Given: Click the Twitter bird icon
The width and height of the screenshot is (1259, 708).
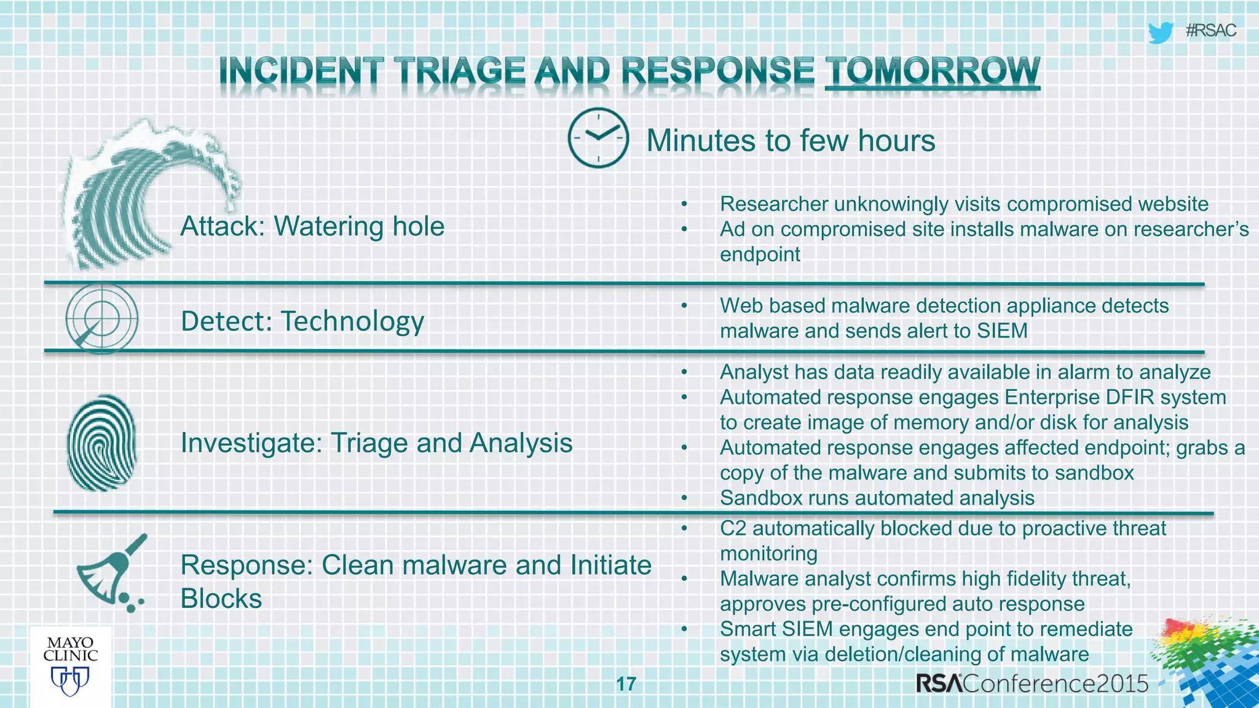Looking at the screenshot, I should pos(1160,32).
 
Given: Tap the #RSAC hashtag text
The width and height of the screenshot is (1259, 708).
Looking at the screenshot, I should pos(1210,31).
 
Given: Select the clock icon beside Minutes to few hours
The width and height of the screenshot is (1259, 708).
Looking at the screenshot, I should pos(598,138).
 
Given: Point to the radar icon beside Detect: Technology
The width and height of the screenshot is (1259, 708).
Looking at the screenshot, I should pos(101,318).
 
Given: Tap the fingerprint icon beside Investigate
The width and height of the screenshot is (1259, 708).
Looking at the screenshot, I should pos(101,442).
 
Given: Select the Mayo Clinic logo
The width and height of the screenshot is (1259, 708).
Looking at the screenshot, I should pos(70,666).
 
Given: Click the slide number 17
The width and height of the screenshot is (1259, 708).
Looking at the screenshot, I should pos(626,684).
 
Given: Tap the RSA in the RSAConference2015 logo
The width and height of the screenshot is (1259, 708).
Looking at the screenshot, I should pos(939,683).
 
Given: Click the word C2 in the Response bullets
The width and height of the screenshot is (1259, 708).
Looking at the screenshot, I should pos(733,529).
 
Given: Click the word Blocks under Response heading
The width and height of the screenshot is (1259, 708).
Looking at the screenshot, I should pos(221,599).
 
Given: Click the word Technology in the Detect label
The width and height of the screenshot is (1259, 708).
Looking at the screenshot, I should pos(352,321).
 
